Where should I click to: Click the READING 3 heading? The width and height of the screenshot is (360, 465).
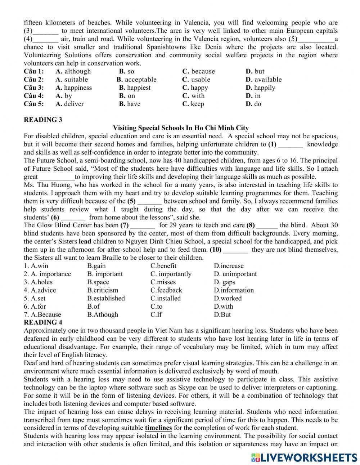tap(43, 120)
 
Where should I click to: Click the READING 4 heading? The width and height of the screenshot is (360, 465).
tap(43, 322)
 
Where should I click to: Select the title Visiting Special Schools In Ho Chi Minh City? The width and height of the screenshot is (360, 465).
tap(181, 128)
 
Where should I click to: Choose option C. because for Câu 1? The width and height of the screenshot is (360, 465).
tap(198, 71)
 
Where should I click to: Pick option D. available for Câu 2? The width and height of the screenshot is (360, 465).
tap(264, 80)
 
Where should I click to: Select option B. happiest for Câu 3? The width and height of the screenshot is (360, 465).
tap(135, 88)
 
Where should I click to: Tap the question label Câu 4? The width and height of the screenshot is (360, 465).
tap(34, 96)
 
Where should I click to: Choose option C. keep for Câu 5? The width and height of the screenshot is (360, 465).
tap(193, 104)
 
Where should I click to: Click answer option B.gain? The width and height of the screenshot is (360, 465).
tap(96, 266)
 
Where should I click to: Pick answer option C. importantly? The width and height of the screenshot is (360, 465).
tap(171, 274)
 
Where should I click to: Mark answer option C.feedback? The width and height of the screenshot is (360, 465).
tap(166, 290)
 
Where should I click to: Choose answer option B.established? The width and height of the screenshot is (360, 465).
tap(106, 298)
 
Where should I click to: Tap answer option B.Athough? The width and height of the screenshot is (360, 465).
tap(103, 314)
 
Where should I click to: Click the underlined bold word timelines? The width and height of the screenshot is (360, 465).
tap(158, 428)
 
